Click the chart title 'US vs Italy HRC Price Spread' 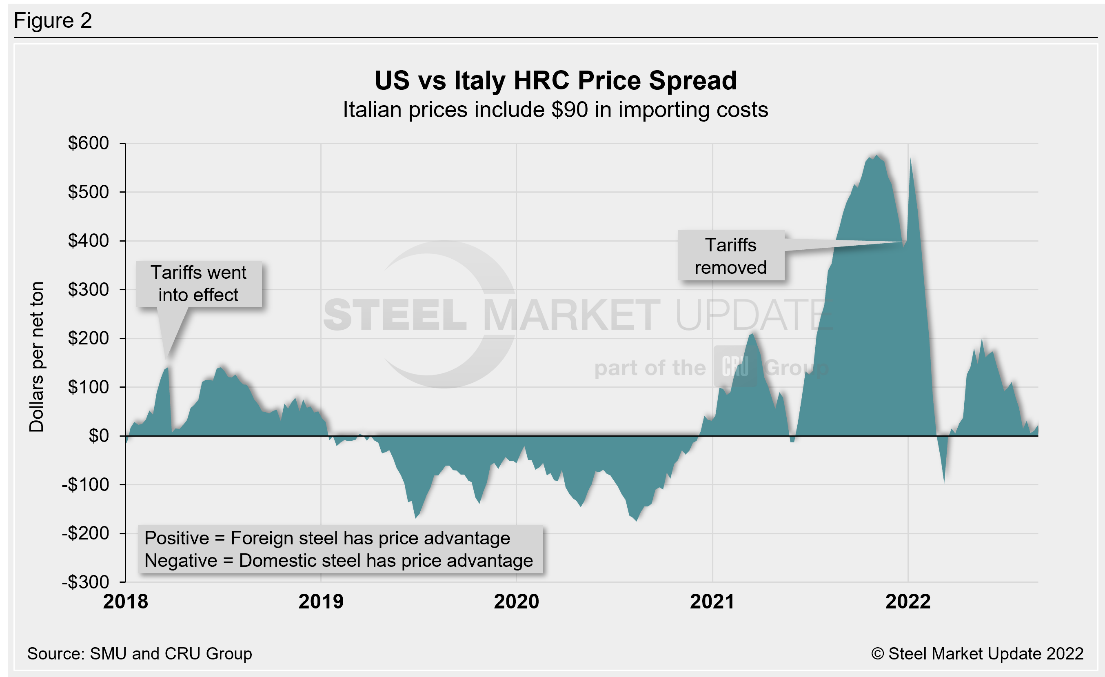click(x=555, y=81)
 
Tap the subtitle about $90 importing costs click(x=555, y=110)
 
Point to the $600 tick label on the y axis click(x=89, y=144)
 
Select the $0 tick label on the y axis click(x=99, y=436)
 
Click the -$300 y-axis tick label click(x=86, y=582)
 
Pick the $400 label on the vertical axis click(x=89, y=241)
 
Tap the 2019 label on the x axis click(x=321, y=602)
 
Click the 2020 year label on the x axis click(x=516, y=602)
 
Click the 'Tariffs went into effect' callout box click(x=199, y=284)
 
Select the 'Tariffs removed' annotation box click(x=730, y=256)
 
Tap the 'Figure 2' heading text click(x=53, y=21)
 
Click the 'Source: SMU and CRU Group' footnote click(x=140, y=654)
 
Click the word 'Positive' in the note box click(x=177, y=538)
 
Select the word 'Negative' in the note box click(x=181, y=560)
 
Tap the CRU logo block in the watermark click(x=735, y=367)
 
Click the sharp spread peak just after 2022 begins click(x=910, y=160)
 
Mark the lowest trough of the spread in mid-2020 click(x=636, y=520)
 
